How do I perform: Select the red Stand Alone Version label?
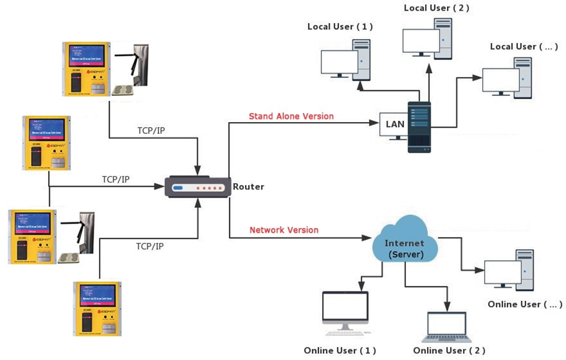pos(290,116)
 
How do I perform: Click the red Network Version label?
pos(284,230)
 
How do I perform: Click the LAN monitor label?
pos(395,123)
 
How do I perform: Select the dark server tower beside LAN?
pos(419,127)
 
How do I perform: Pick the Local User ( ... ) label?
pos(524,47)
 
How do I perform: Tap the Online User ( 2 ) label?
pos(449,350)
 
